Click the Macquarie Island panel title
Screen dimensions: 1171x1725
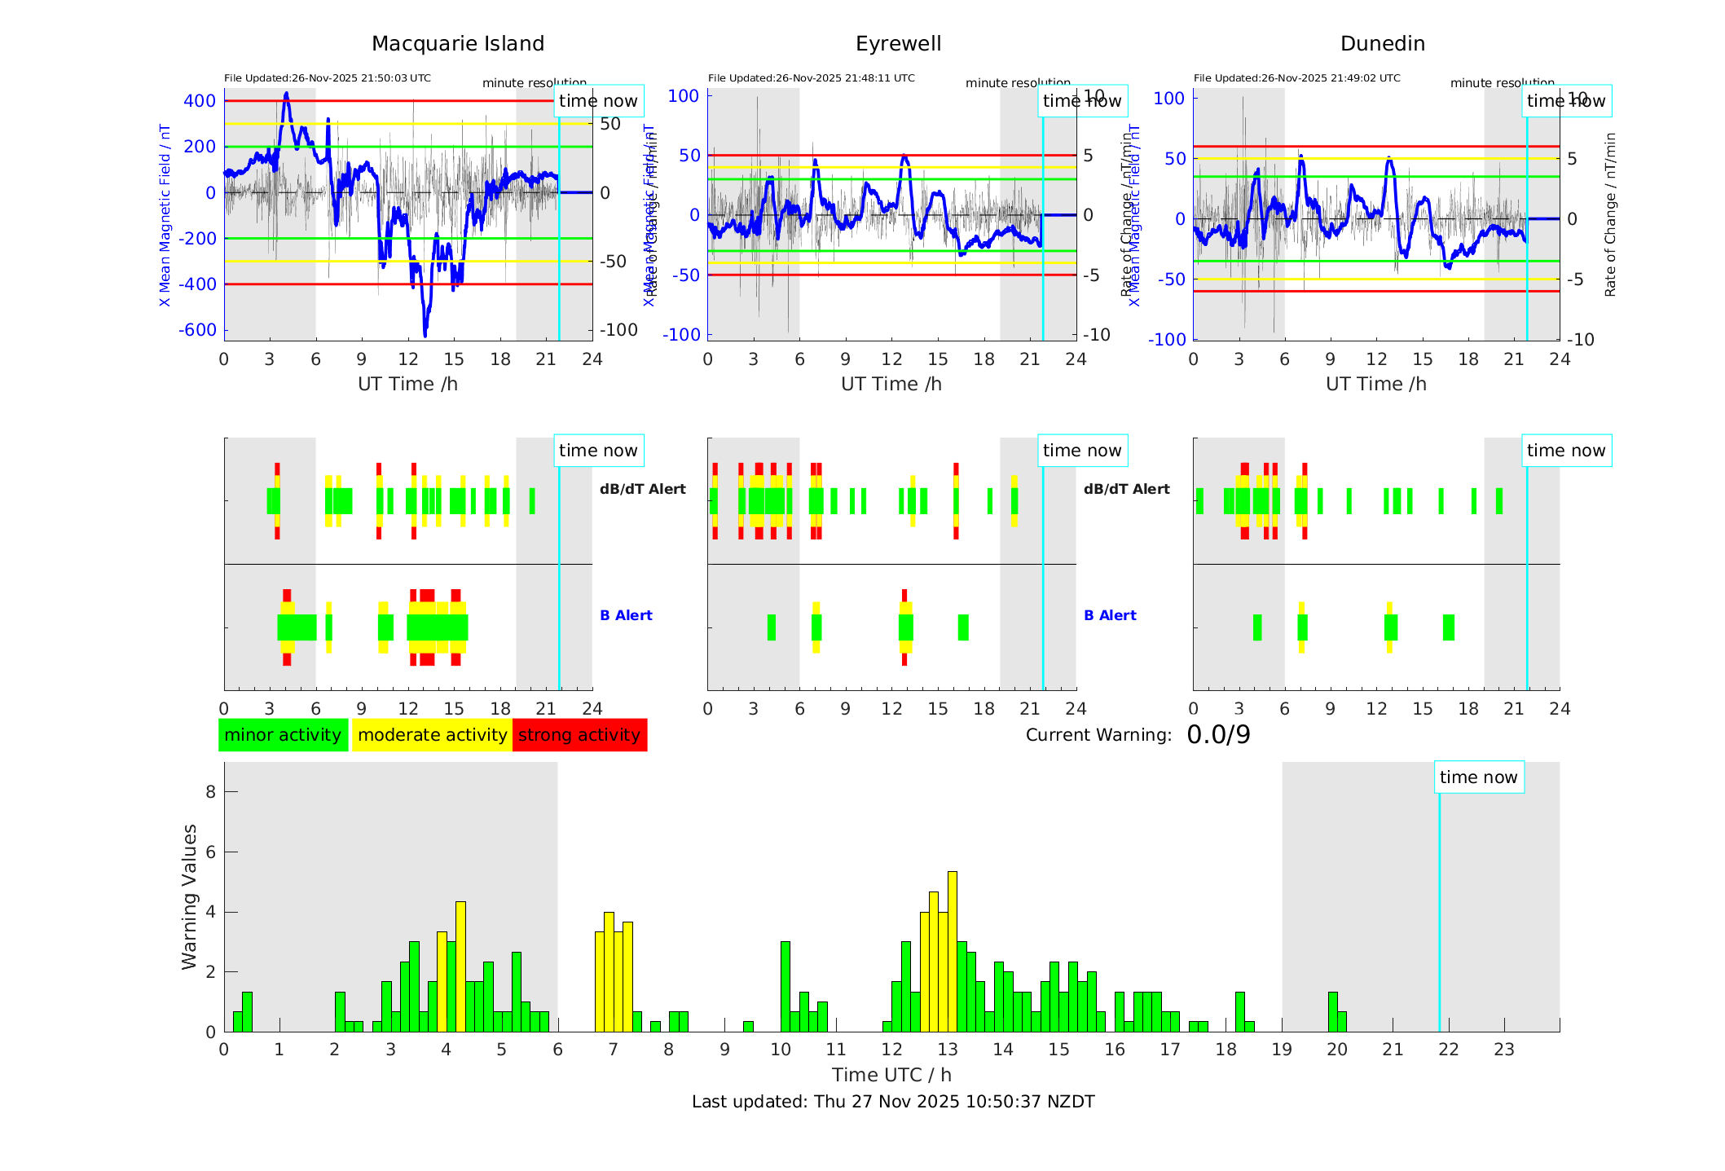(457, 44)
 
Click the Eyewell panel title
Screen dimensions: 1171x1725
(898, 44)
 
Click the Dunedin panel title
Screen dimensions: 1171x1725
(1382, 44)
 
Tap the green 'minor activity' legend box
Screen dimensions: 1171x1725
(283, 735)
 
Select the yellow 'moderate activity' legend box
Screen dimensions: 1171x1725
(432, 735)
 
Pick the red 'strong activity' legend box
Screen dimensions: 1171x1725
(579, 735)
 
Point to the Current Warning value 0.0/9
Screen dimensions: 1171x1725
(1218, 735)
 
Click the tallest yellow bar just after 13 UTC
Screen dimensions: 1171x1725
(952, 951)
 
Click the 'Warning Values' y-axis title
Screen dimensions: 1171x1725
(190, 896)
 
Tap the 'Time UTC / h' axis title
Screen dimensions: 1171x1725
(891, 1075)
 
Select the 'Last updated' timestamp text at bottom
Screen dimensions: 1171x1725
(893, 1102)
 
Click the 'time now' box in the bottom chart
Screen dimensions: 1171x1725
(1478, 777)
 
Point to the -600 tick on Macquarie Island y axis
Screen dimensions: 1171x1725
(198, 330)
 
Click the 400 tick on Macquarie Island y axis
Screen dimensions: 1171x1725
(200, 101)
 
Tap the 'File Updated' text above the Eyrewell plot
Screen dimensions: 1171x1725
(811, 78)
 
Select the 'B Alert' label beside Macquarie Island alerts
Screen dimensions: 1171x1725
(626, 615)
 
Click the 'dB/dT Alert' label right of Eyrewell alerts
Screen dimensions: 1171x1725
(1126, 489)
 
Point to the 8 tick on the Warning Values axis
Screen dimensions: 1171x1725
(210, 792)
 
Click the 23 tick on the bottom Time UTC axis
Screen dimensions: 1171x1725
(1503, 1050)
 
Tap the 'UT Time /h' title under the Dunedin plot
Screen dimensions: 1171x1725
(1375, 384)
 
